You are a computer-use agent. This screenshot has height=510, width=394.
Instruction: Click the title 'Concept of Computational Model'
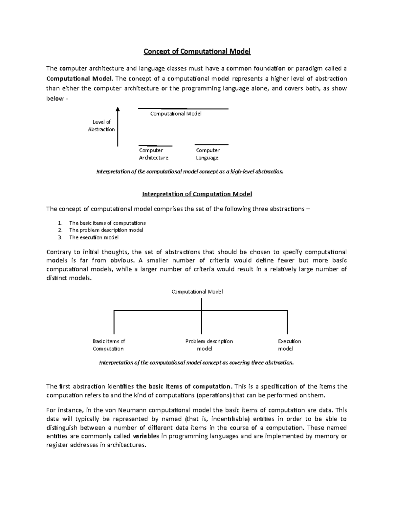tap(197, 52)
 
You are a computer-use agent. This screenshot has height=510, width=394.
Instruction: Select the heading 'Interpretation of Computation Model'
tap(197, 194)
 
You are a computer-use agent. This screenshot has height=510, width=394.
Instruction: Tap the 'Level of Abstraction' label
tap(101, 126)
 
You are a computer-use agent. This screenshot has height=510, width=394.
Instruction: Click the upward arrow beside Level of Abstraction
tap(118, 126)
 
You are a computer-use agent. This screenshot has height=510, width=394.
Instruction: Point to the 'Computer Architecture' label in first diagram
tap(153, 154)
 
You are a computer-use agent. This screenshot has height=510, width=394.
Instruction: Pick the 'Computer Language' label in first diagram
tap(208, 154)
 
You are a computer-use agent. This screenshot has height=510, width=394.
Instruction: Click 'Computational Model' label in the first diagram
tap(176, 114)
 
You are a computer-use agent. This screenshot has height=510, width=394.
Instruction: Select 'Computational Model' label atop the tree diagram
tap(197, 292)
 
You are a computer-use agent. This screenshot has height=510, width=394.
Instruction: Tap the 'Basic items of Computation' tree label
tap(108, 345)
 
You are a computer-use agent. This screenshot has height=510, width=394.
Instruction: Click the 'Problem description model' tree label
tap(209, 345)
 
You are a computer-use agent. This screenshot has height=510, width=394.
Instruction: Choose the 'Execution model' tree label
tap(289, 345)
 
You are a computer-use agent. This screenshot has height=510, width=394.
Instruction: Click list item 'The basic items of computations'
tap(107, 223)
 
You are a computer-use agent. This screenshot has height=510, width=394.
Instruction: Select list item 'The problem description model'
tap(106, 230)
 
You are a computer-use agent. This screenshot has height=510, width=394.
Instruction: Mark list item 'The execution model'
tap(94, 237)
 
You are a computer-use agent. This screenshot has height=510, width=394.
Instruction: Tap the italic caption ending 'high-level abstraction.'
tap(189, 172)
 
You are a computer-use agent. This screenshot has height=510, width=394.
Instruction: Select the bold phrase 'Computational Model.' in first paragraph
tap(80, 79)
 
